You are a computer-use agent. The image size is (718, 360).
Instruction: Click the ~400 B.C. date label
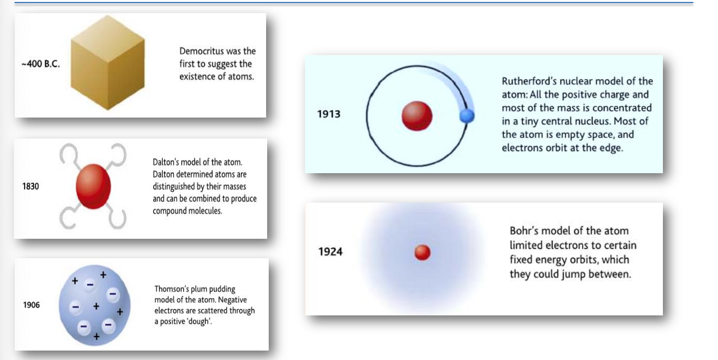(x=41, y=64)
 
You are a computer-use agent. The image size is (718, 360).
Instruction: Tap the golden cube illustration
(x=108, y=63)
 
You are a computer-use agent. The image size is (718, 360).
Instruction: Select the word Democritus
(x=202, y=51)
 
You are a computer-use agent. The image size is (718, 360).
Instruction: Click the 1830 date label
(x=30, y=186)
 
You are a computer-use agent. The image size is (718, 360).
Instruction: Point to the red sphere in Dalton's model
(x=93, y=186)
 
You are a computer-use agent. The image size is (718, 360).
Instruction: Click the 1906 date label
(x=31, y=305)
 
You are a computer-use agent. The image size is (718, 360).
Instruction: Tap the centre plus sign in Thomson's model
(x=96, y=306)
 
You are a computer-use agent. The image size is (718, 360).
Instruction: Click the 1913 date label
(x=329, y=114)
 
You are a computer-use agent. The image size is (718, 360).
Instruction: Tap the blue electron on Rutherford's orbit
(x=467, y=116)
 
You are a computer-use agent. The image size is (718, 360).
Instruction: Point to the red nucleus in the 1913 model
(x=417, y=116)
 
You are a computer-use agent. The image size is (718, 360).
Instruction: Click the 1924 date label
(x=331, y=252)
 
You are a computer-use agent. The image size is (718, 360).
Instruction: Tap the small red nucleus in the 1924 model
(x=423, y=252)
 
